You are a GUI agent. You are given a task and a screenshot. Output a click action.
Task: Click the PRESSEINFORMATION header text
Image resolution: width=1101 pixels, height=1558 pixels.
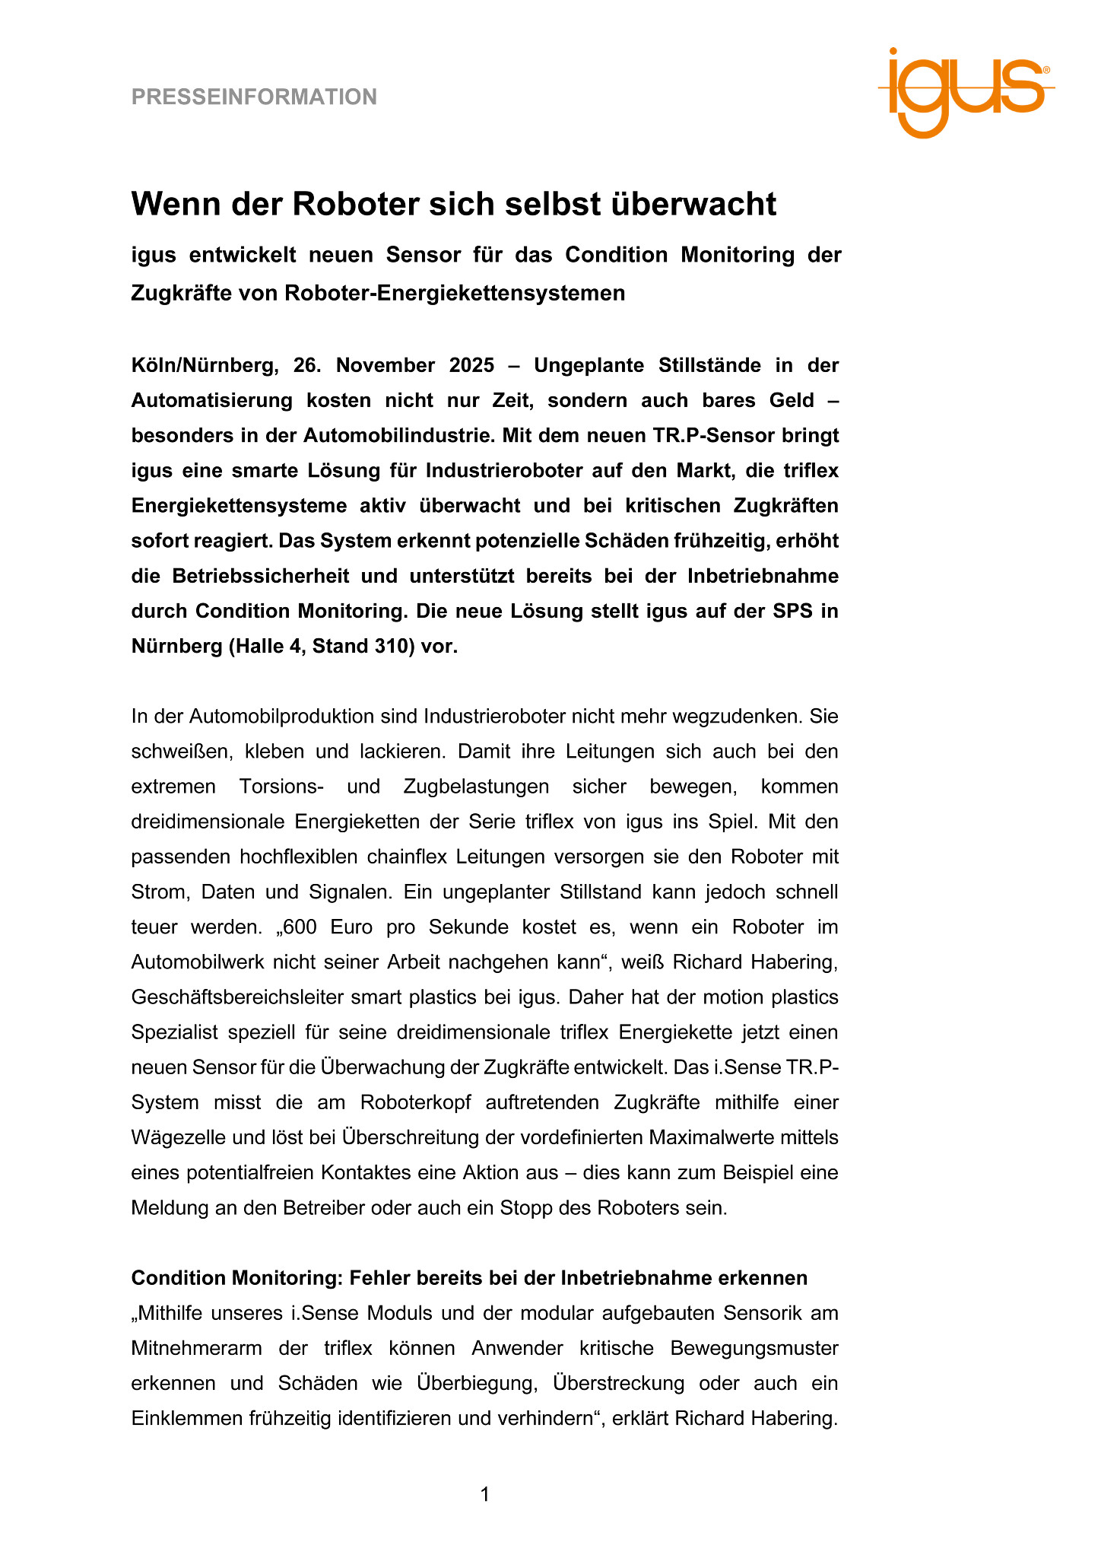(x=254, y=97)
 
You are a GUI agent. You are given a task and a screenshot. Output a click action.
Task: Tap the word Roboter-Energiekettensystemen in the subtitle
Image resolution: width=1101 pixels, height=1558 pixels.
(x=455, y=293)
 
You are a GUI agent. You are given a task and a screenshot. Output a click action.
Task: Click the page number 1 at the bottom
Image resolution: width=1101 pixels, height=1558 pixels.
(x=485, y=1495)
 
